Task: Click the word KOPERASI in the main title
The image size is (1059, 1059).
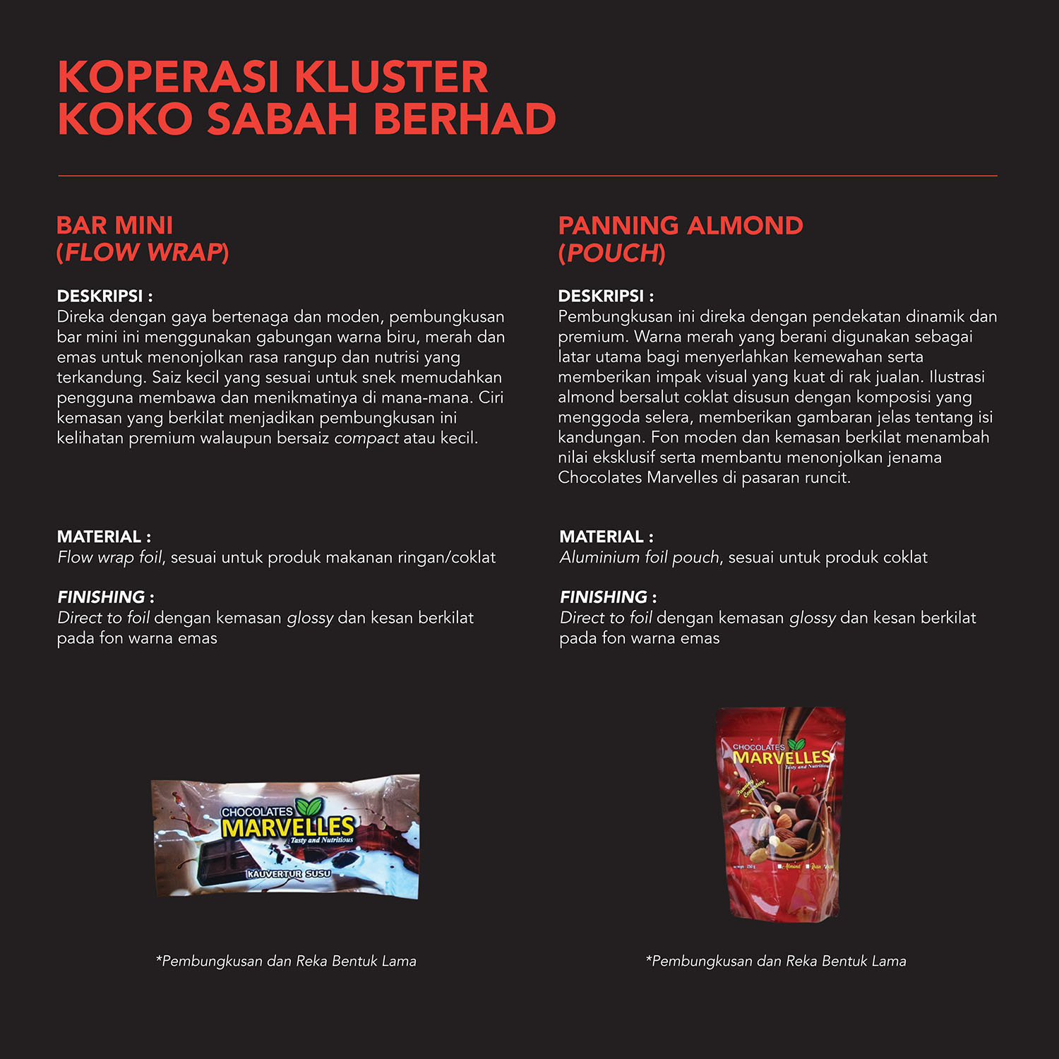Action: (168, 77)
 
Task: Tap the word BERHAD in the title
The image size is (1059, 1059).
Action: (465, 119)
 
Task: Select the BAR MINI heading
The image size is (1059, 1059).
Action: (114, 225)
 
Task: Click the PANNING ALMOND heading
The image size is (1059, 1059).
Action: (680, 225)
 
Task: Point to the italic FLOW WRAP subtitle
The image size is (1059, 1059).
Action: (143, 253)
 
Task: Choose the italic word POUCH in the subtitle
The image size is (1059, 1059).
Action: (612, 253)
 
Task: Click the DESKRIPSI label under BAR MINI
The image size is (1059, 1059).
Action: (100, 296)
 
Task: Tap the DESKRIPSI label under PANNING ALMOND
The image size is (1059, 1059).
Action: (602, 296)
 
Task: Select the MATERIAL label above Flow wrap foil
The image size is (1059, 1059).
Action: (100, 537)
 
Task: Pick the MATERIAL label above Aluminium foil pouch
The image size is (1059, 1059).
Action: (602, 537)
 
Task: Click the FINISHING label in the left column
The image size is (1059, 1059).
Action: (102, 597)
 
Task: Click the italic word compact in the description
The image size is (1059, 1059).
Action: (366, 438)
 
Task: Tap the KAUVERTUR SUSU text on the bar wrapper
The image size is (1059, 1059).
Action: (288, 874)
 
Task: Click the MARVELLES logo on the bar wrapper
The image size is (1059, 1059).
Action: (288, 827)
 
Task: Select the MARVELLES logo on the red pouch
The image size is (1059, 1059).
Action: (781, 757)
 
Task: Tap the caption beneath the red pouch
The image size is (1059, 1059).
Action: (776, 961)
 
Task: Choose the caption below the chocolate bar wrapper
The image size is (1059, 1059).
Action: (286, 961)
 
